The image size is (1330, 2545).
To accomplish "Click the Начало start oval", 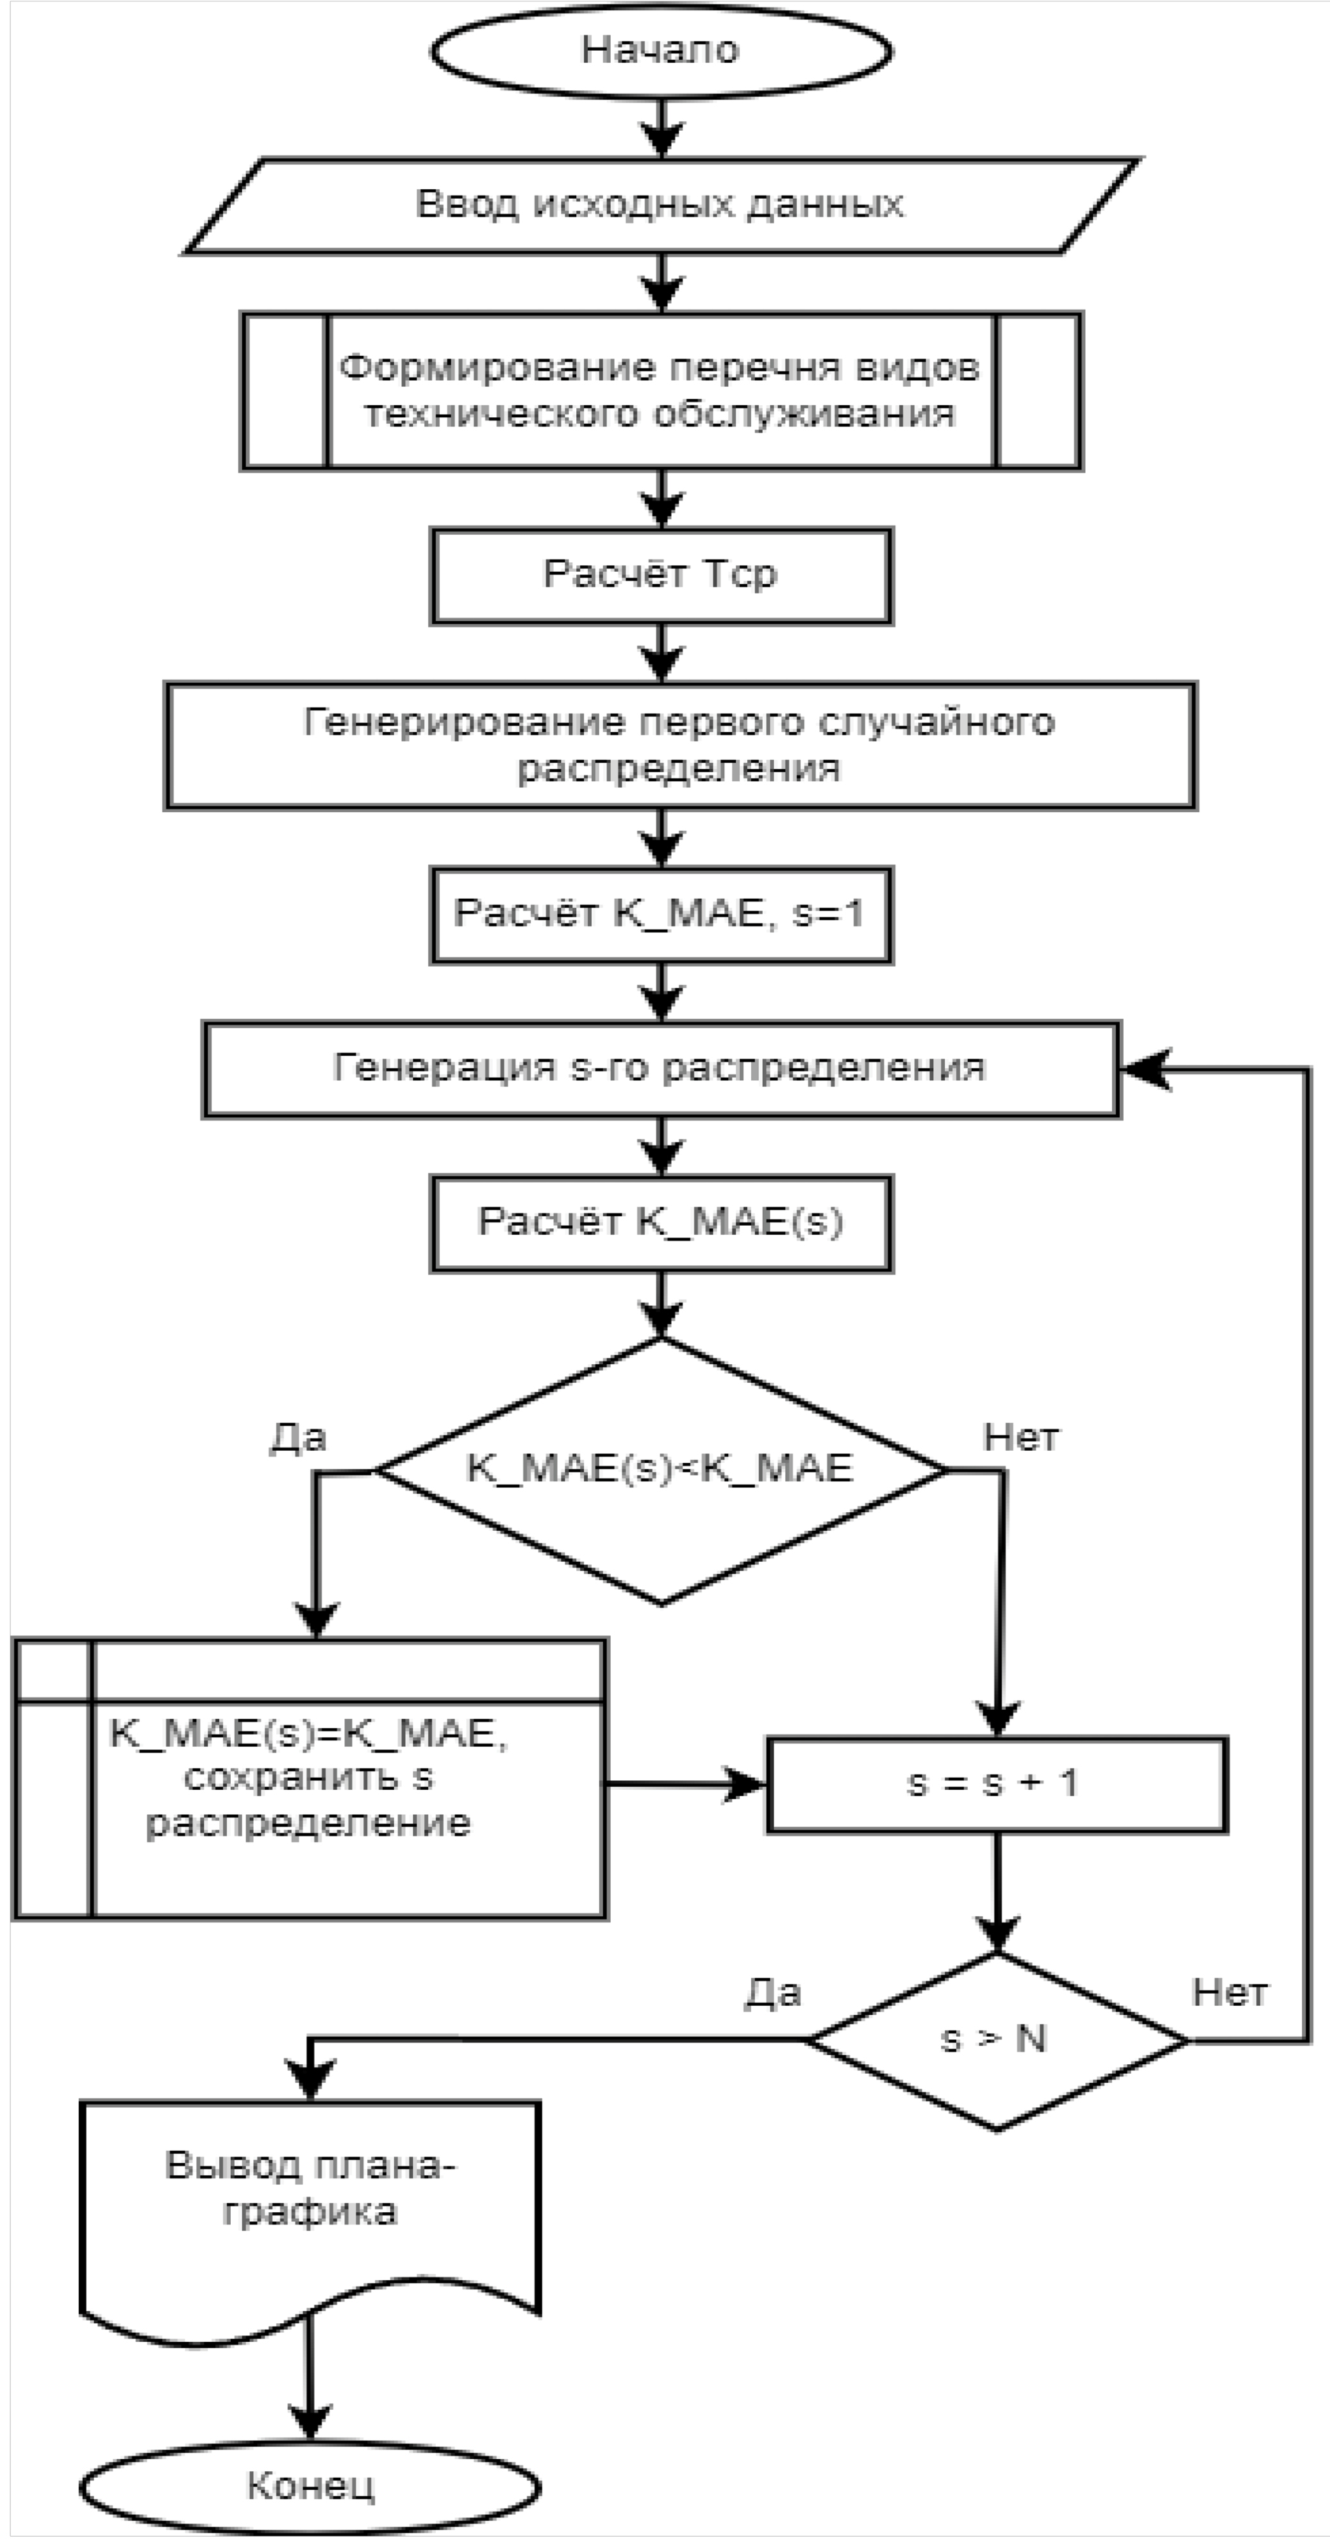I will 660,51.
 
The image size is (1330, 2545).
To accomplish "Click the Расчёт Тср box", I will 660,575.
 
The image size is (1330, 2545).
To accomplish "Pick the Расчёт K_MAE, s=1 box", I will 660,914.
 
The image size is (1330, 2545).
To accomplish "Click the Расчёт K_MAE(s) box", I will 660,1222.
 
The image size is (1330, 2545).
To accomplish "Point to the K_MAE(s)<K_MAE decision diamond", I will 660,1469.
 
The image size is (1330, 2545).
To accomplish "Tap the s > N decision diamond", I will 996,2039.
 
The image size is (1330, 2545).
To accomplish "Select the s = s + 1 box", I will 996,1783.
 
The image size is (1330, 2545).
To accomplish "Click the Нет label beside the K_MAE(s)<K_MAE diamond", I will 1020,1437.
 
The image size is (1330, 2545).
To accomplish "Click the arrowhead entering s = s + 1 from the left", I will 747,1783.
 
